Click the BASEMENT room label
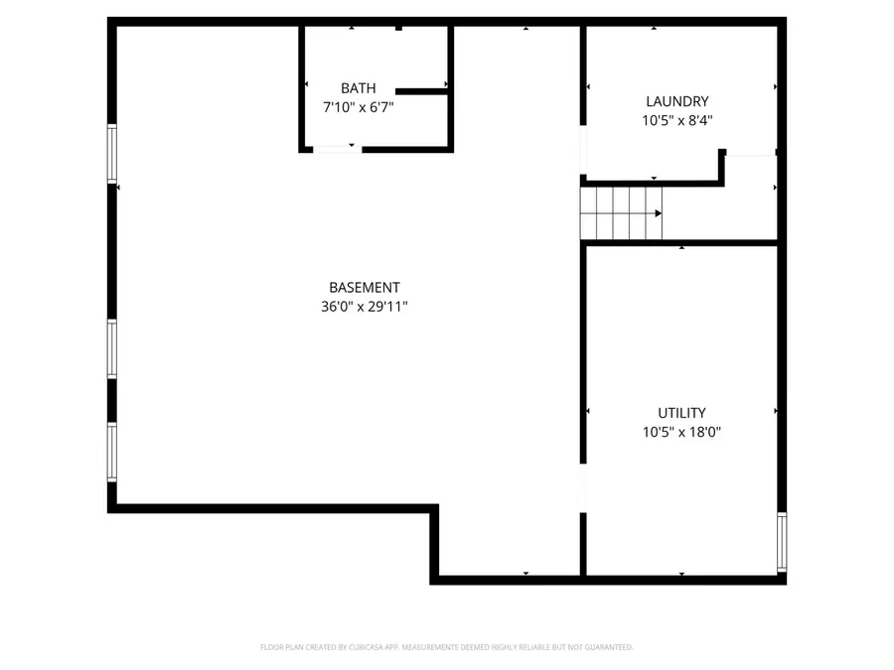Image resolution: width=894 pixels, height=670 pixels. coord(358,288)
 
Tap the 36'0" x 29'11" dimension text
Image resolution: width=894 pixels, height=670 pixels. coord(358,307)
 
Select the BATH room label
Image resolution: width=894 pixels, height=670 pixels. coord(359,88)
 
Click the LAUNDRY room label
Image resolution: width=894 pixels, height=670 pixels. coord(677,101)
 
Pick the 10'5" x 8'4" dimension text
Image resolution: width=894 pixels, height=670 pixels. coord(677,120)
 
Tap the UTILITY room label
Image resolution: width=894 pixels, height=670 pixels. coord(681,413)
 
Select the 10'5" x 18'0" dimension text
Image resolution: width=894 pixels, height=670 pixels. coord(681,432)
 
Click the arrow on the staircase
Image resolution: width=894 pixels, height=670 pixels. coord(657,213)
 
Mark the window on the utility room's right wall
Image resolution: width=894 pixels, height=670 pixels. coord(782,541)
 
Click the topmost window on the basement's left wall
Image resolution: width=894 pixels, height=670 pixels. coord(112,154)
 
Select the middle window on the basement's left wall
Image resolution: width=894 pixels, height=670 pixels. coord(112,348)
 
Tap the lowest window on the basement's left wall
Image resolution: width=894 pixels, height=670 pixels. coord(112,452)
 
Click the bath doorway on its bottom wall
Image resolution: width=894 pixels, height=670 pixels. coord(336,149)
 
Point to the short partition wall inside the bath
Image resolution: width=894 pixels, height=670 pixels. coord(421,91)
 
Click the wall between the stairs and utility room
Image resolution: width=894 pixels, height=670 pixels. coord(680,242)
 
